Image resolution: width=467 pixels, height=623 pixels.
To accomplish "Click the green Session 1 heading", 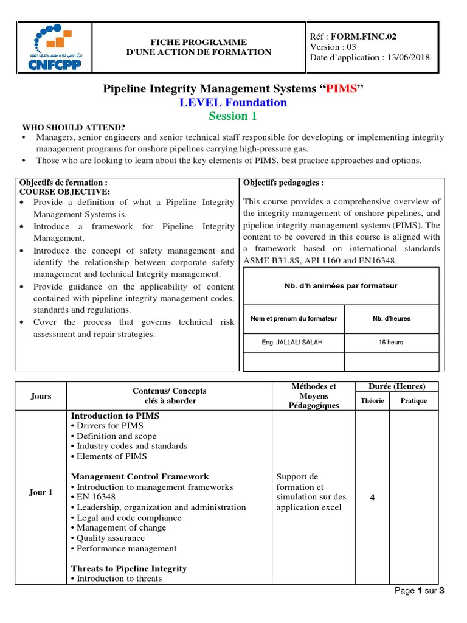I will point(233,116).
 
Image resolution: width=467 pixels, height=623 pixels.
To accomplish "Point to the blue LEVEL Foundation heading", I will point(233,103).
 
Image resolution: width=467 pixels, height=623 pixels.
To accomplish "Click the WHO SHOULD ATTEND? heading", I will point(74,127).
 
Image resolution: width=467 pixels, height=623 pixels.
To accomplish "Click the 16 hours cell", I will point(390,343).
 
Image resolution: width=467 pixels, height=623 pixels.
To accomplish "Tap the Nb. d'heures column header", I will point(390,319).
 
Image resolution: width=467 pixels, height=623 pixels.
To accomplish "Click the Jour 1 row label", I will point(41,492).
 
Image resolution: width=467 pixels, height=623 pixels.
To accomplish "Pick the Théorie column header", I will point(372,401).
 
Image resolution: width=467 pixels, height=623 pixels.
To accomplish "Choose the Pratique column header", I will point(413,401).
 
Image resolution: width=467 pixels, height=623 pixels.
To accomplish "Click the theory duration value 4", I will point(372,498).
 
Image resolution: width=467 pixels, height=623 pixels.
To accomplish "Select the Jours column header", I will point(41,396).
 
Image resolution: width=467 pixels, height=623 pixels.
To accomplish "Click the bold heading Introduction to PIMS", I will point(115,416).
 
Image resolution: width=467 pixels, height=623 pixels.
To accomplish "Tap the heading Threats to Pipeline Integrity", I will point(129,568).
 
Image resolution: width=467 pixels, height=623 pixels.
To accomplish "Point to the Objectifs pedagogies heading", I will point(283,183).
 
